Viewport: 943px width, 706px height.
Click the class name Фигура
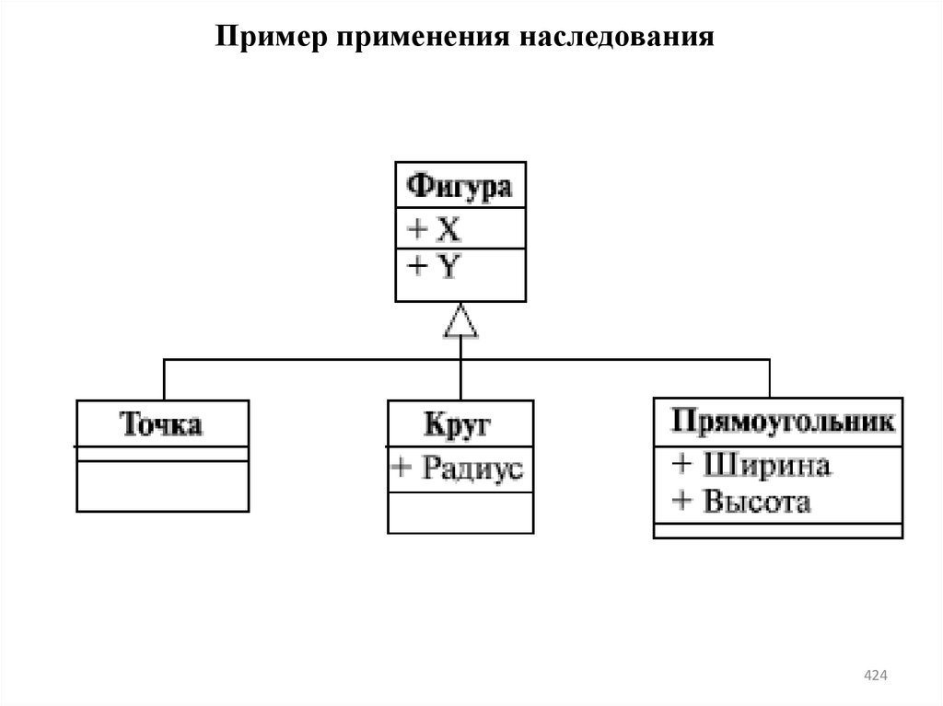click(460, 187)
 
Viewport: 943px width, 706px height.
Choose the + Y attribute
click(434, 267)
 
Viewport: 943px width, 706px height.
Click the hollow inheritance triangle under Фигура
click(460, 321)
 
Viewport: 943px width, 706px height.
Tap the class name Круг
click(458, 424)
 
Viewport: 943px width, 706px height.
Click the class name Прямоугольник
click(781, 421)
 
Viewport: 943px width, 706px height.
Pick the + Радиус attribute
click(458, 469)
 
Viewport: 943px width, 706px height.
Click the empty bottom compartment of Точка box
click(162, 485)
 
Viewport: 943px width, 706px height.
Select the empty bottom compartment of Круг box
click(460, 513)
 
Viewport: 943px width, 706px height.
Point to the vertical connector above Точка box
click(164, 378)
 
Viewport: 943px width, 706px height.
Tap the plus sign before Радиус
click(402, 469)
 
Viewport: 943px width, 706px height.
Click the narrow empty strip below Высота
click(778, 530)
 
